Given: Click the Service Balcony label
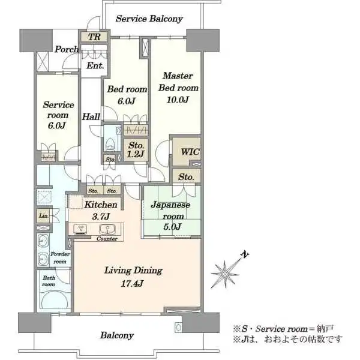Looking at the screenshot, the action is point(149,19).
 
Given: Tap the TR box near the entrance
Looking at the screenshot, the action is point(94,37).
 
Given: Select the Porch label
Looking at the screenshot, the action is point(67,49).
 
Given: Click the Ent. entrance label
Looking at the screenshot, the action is point(95,65).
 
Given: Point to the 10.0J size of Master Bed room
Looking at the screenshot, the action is point(178,100).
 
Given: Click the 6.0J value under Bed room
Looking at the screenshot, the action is point(126,101).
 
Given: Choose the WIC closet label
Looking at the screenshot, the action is point(190,152).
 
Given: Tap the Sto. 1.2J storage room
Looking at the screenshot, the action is point(136,149).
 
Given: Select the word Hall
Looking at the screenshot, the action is point(91,116).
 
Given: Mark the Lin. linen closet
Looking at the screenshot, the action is point(43,215).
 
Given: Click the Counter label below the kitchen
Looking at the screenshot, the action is point(107,239).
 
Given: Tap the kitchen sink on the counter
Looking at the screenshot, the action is point(107,229).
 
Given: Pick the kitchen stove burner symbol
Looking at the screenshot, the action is point(80,229).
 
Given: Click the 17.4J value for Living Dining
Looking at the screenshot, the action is point(132,284).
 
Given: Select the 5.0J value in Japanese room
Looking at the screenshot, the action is point(172,227).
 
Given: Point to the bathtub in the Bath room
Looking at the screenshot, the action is point(55,299).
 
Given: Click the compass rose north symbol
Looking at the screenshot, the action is point(225,274).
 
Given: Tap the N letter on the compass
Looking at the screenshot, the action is point(245,254).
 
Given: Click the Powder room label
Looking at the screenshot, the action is point(59,257).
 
